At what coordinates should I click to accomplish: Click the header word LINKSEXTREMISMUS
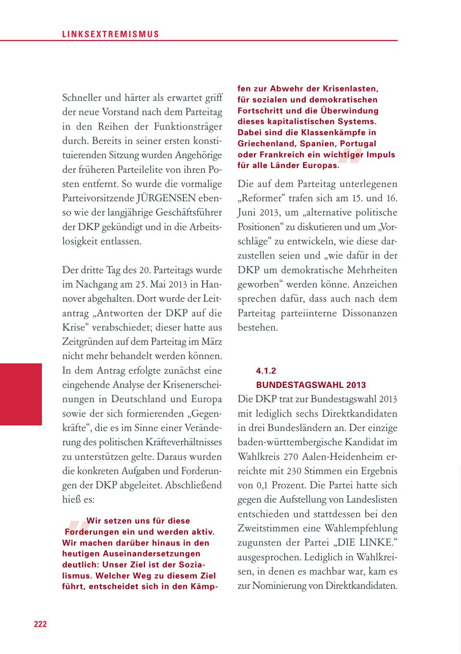(111, 34)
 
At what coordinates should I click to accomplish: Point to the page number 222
(40, 624)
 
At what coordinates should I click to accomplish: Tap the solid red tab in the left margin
(21, 394)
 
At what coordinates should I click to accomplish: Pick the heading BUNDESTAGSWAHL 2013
(311, 385)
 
